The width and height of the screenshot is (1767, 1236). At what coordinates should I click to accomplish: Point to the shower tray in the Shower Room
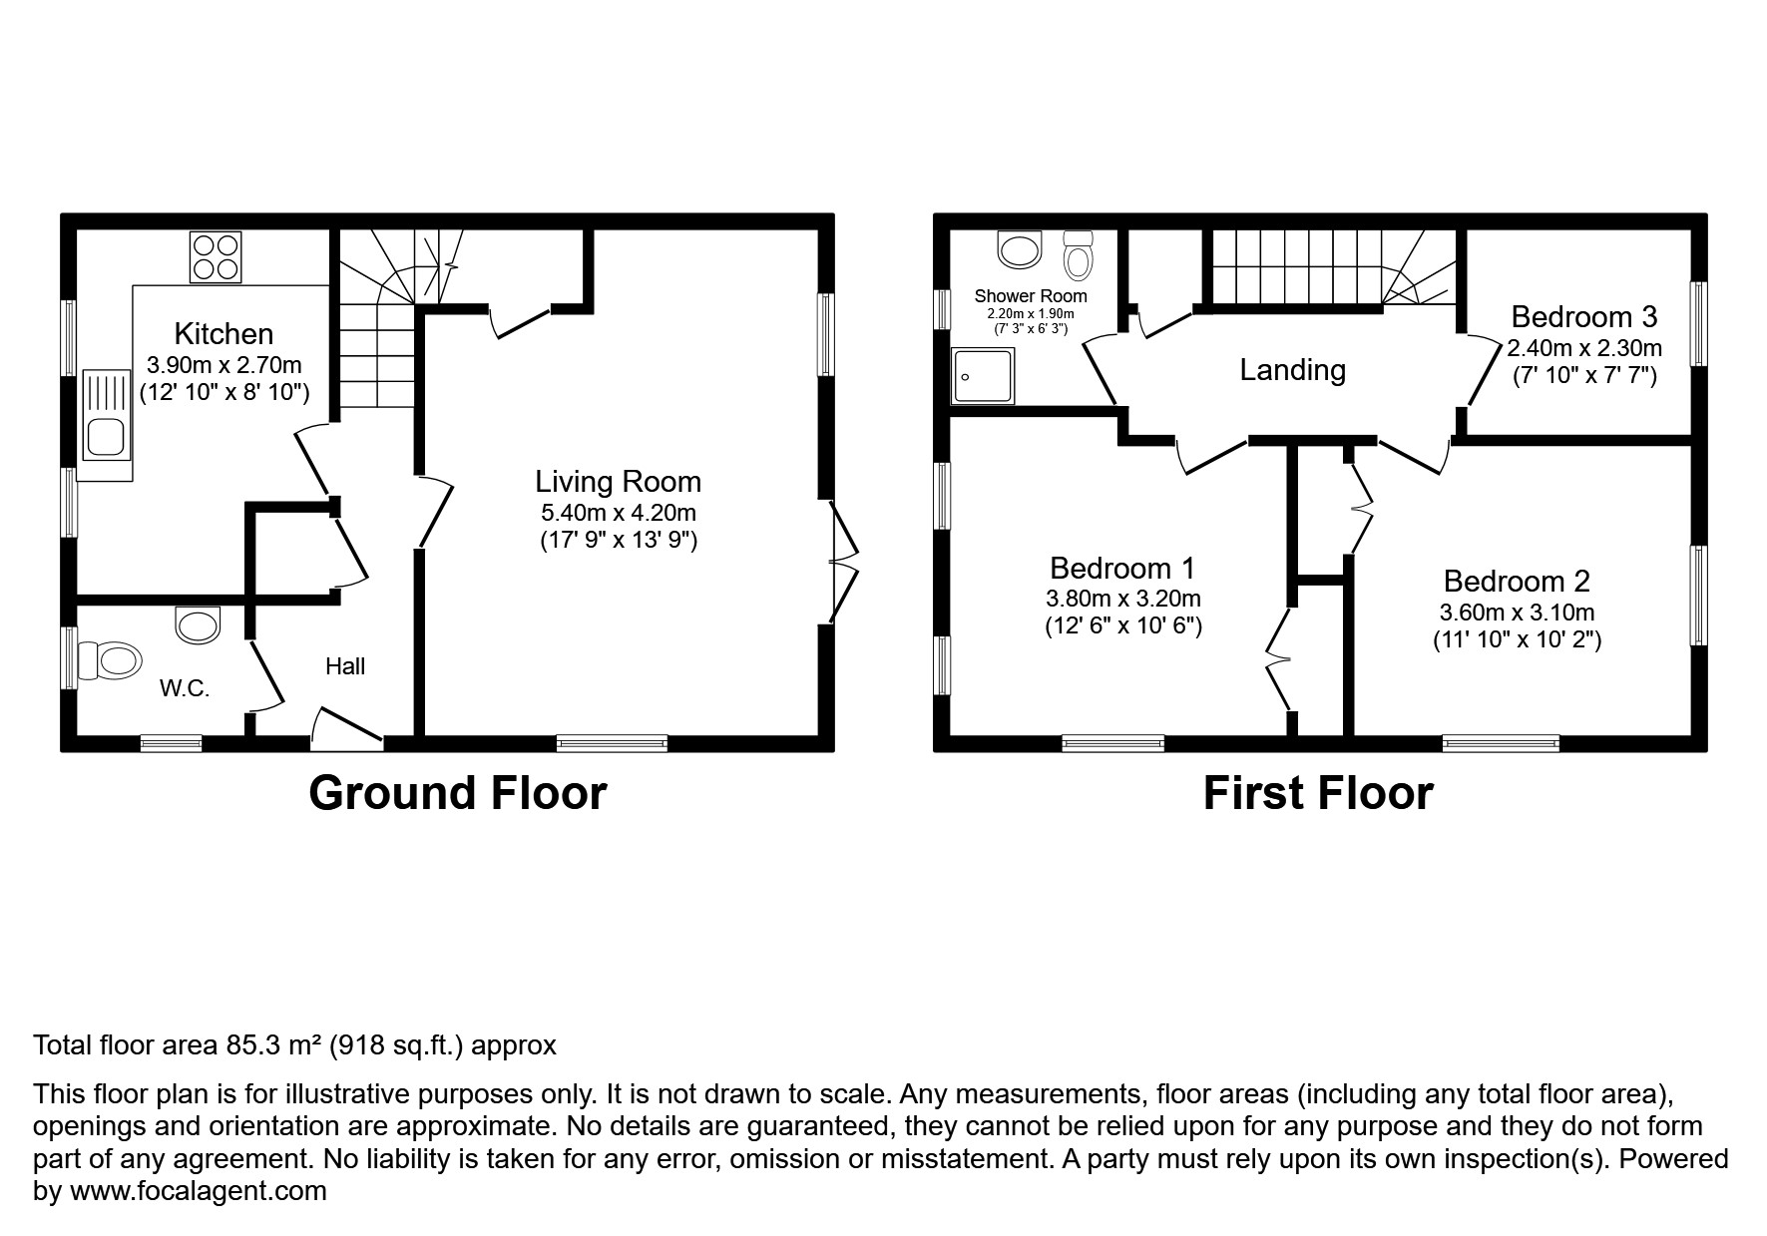[x=983, y=375]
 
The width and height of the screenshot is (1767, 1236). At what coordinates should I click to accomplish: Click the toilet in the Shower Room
[x=1078, y=255]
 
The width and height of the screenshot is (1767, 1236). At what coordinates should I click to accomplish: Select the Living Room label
[x=618, y=482]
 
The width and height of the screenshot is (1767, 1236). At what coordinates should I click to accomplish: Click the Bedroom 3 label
[x=1583, y=317]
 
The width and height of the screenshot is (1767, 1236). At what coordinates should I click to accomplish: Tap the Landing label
[x=1292, y=370]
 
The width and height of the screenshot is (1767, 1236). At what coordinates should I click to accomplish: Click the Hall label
[x=345, y=666]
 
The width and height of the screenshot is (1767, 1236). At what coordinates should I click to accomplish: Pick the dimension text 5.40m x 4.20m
[x=618, y=514]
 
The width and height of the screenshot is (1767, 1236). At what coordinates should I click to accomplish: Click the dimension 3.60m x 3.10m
[x=1517, y=613]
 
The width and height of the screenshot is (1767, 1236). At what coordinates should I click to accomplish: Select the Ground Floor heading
[x=457, y=794]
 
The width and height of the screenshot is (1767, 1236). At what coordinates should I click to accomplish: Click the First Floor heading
[x=1317, y=794]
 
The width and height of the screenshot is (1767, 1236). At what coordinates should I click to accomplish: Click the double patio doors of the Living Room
[x=844, y=562]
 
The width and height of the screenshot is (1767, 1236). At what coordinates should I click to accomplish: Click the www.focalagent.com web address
[x=197, y=1191]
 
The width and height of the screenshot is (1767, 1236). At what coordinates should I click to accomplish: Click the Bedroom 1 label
[x=1122, y=569]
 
